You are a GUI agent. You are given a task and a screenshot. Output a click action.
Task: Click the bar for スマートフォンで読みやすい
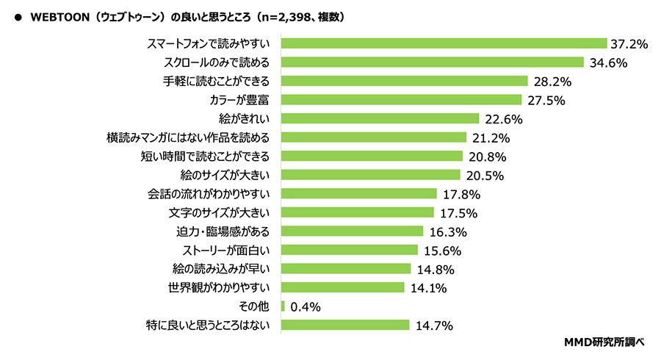[x=443, y=44]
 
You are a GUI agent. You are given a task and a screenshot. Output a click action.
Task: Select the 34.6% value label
[x=607, y=62]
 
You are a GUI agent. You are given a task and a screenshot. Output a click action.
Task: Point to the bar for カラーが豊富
[x=401, y=100]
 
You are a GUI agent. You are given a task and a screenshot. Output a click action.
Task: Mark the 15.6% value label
[x=441, y=251]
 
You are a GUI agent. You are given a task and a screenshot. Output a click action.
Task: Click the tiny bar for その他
[x=283, y=306]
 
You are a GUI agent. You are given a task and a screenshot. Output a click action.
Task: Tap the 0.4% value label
[x=305, y=306]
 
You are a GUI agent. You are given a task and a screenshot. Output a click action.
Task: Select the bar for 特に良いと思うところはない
[x=345, y=325]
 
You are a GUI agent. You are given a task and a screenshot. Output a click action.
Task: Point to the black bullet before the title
[x=17, y=15]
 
